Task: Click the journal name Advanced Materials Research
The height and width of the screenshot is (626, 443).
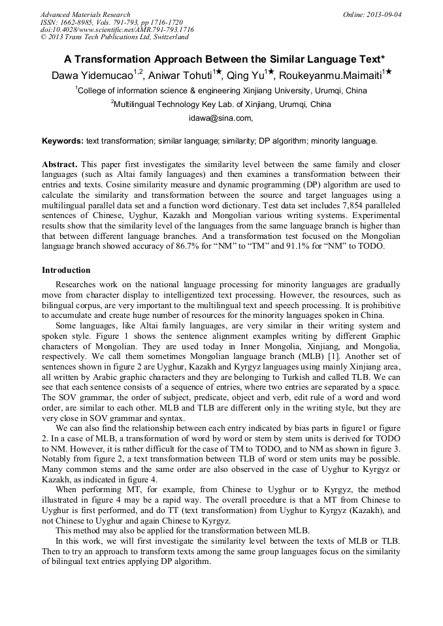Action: pyautogui.click(x=85, y=14)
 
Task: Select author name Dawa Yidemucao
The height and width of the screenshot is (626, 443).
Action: pyautogui.click(x=91, y=76)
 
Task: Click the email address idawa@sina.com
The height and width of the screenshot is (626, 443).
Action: pyautogui.click(x=220, y=118)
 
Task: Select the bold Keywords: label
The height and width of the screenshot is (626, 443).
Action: pyautogui.click(x=63, y=140)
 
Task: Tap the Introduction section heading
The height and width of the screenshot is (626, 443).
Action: pyautogui.click(x=66, y=270)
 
